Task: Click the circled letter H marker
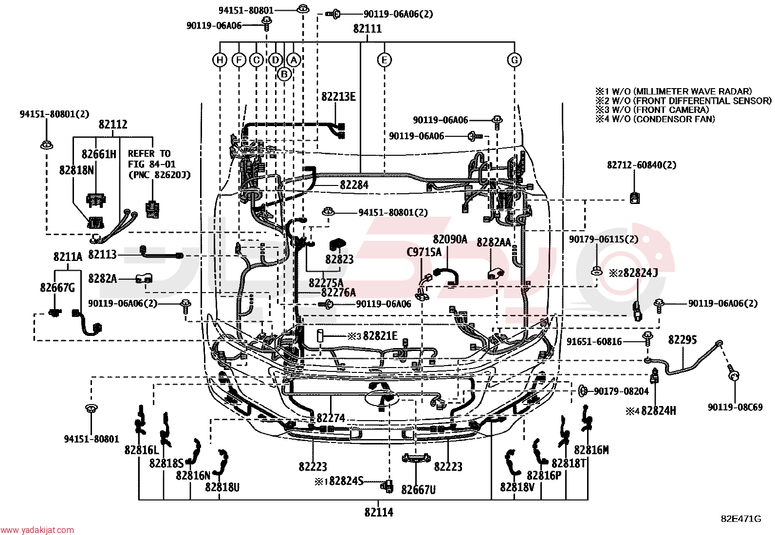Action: point(220,60)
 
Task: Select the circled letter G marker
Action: point(515,60)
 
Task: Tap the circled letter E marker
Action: point(385,60)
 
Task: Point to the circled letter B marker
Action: point(284,74)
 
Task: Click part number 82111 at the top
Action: point(368,29)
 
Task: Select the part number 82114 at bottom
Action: point(379,512)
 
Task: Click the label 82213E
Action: point(338,96)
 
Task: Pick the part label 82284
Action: point(354,185)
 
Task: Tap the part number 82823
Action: point(339,259)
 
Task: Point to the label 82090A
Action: point(450,239)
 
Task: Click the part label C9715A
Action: point(424,252)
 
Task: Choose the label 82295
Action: point(683,340)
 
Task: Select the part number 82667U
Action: point(418,490)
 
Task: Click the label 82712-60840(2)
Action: point(642,165)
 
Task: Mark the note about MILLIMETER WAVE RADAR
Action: point(674,92)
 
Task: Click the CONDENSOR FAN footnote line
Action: point(655,119)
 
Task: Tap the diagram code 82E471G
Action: point(741,519)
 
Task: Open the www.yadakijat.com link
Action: point(37,530)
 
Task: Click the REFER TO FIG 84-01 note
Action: point(160,164)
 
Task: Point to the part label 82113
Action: point(102,255)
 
